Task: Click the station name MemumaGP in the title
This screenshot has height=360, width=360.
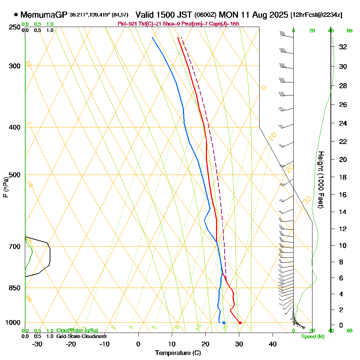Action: coord(44,15)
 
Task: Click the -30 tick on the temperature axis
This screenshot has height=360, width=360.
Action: coord(37,344)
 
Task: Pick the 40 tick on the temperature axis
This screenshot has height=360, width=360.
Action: coord(273,344)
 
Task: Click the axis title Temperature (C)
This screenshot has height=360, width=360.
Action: coord(178,353)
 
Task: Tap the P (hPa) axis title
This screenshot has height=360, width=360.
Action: coord(5,187)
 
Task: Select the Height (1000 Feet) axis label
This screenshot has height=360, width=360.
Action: coord(320,180)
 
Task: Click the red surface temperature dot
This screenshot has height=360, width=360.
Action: coord(240,323)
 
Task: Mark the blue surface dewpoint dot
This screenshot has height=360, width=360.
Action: coord(224,323)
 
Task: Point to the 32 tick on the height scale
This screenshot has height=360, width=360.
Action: coord(343,47)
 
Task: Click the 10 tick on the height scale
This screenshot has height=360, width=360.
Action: coord(343,246)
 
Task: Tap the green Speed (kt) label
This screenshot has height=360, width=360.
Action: coord(312,337)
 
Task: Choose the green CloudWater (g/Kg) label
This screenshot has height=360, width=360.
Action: coord(77,330)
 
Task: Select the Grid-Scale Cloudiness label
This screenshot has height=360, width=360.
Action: coord(81,336)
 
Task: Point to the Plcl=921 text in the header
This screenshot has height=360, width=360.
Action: coord(126,24)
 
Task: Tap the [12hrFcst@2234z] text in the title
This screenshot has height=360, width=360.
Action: coord(316,15)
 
